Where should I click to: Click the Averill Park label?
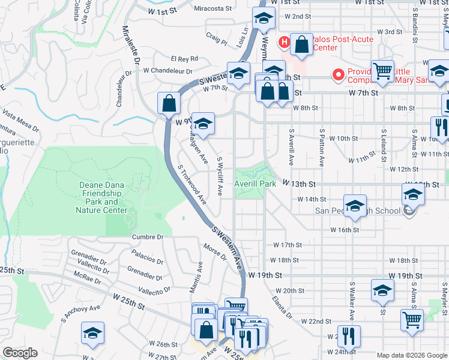click(x=256, y=184)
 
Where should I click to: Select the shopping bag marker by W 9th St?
click(x=169, y=103)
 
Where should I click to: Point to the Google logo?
click(x=20, y=353)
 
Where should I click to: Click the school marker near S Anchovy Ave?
click(x=92, y=332)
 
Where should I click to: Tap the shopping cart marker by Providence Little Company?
click(x=382, y=71)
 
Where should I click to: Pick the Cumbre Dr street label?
click(x=148, y=237)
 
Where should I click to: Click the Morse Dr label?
click(x=215, y=253)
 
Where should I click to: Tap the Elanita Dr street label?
click(x=281, y=307)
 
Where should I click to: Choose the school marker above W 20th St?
click(x=382, y=290)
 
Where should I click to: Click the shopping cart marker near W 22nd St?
click(x=412, y=320)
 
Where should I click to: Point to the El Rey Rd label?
click(x=184, y=59)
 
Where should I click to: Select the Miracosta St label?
click(x=212, y=8)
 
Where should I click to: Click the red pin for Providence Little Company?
click(x=339, y=75)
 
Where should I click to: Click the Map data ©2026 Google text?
click(x=411, y=355)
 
